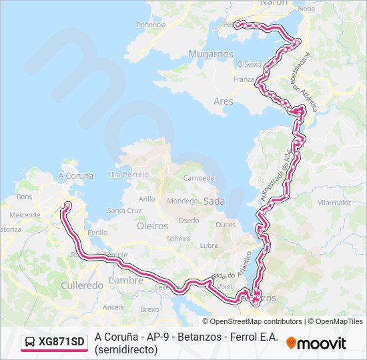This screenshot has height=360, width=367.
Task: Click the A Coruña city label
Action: [x=75, y=175]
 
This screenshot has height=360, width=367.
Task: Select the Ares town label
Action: [x=222, y=101]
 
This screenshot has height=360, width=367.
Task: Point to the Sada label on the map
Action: [x=214, y=201]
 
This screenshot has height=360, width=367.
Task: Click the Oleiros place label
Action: [x=152, y=226]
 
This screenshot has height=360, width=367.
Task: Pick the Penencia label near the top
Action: [x=151, y=25]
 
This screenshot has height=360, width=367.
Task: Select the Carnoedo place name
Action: [x=199, y=178]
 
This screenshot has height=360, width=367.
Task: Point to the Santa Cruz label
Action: [x=124, y=210]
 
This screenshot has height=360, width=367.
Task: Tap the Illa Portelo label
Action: [x=129, y=175]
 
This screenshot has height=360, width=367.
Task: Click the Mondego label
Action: [x=182, y=201]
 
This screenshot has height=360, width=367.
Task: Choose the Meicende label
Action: [x=24, y=215]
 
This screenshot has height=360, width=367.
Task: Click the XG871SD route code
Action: [x=61, y=343]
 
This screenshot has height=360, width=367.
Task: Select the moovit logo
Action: [x=316, y=343]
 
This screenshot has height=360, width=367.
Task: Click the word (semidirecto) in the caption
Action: [x=126, y=349]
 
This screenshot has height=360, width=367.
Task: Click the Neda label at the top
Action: [x=307, y=9]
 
